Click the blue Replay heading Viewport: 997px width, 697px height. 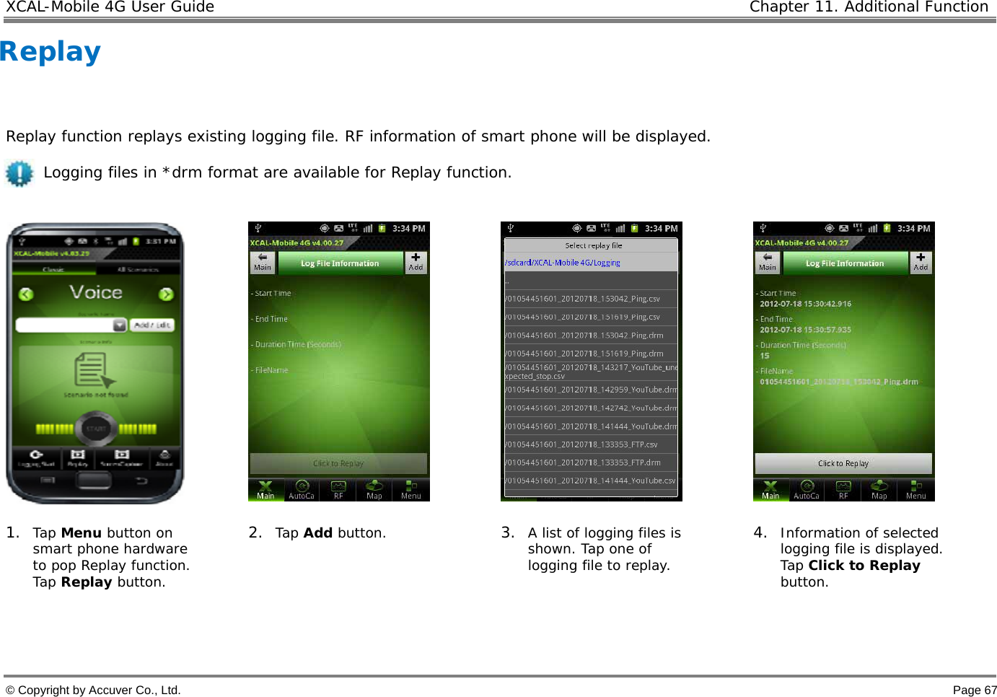click(x=50, y=52)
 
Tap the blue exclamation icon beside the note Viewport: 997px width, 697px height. click(x=19, y=173)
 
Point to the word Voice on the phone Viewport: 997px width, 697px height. click(x=96, y=292)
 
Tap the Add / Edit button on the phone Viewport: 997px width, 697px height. click(x=151, y=325)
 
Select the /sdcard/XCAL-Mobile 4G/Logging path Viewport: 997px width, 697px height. click(x=563, y=263)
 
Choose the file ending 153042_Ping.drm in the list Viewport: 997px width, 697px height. click(x=584, y=336)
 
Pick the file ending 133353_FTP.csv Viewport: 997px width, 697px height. click(x=581, y=444)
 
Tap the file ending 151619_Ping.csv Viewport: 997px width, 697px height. click(x=583, y=317)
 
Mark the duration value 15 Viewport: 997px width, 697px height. click(x=765, y=356)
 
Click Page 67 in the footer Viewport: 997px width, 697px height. click(x=974, y=690)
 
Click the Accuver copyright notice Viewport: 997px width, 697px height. click(x=93, y=690)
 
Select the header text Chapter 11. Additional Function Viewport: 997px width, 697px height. click(x=869, y=7)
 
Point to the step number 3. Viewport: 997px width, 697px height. click(x=507, y=532)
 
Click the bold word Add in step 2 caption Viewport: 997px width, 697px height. click(x=317, y=533)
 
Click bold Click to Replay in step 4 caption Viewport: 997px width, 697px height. click(x=864, y=566)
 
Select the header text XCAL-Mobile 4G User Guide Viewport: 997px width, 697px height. click(x=110, y=7)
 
